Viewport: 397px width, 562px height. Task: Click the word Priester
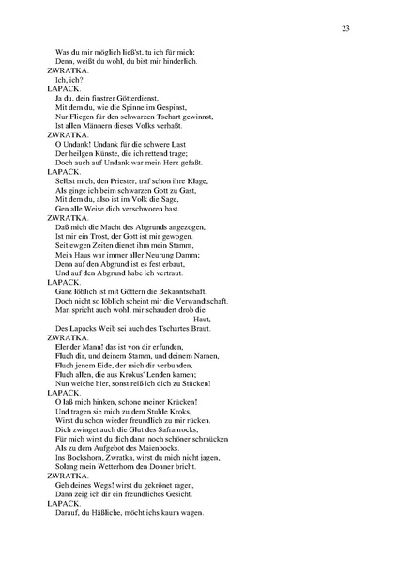pyautogui.click(x=126, y=180)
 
